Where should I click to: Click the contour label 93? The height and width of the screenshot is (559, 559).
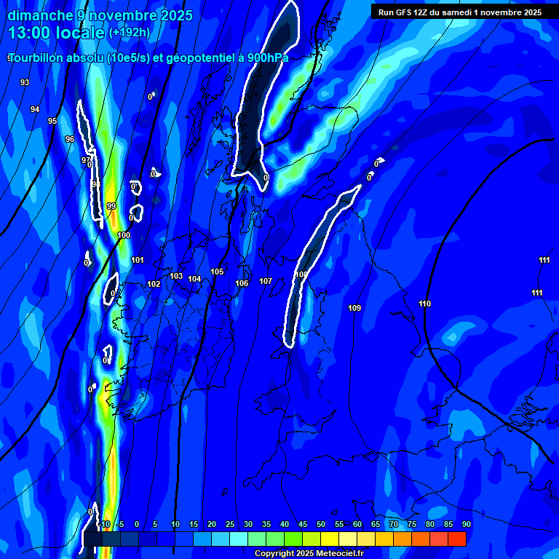(x=25, y=82)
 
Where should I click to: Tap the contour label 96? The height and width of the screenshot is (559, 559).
(x=70, y=139)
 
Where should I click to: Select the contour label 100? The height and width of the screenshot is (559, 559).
(x=124, y=235)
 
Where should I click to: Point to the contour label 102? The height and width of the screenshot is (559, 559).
(x=154, y=284)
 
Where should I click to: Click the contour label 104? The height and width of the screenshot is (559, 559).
(x=194, y=279)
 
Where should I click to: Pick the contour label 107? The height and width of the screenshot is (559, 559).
(x=266, y=281)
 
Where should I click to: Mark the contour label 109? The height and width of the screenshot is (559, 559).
(x=354, y=308)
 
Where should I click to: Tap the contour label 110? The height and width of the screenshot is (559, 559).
(x=425, y=304)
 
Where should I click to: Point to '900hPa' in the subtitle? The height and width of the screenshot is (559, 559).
(x=264, y=58)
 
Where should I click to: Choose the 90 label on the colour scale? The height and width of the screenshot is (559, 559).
(x=466, y=524)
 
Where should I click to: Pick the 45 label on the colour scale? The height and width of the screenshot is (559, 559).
(x=303, y=524)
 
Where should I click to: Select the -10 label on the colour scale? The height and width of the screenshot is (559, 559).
(x=103, y=524)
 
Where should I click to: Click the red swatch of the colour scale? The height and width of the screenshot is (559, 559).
(x=456, y=538)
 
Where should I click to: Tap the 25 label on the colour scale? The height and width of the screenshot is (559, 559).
(x=230, y=524)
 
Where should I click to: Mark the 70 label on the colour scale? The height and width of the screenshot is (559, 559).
(x=394, y=524)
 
